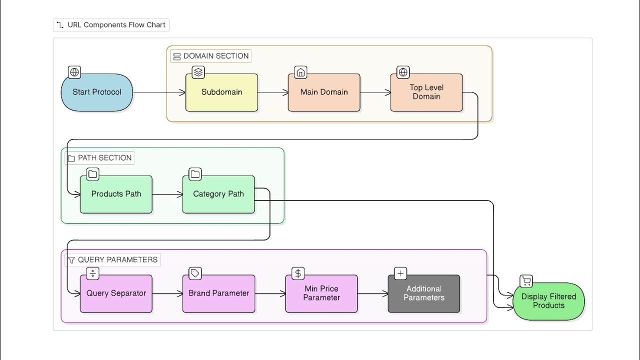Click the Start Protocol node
[x=97, y=92]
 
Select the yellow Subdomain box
[x=221, y=92]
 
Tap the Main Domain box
[x=324, y=92]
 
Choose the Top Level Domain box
[x=426, y=92]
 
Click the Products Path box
[x=116, y=194]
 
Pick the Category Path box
[x=218, y=194]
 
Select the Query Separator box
[x=116, y=293]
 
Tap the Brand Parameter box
[x=219, y=293]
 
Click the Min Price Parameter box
[x=321, y=293]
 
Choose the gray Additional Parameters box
[x=424, y=293]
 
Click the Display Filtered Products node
[x=549, y=301]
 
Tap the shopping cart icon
[x=526, y=281]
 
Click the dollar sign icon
[x=298, y=273]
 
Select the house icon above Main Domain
[x=300, y=72]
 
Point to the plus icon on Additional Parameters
[x=400, y=273]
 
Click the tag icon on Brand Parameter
[x=195, y=273]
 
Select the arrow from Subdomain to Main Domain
[x=273, y=92]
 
